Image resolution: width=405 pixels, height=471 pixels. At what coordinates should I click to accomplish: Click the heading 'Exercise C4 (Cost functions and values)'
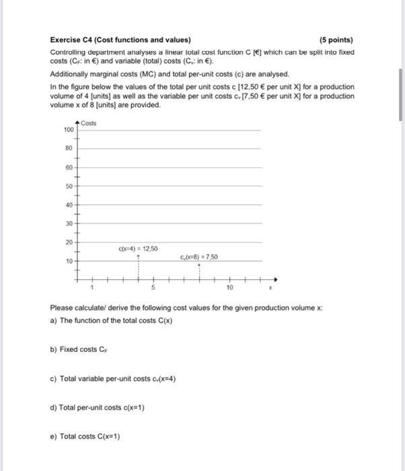120,40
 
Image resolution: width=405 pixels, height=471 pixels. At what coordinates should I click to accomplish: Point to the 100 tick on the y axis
68,129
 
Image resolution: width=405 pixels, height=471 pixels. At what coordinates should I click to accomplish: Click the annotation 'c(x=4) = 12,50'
139,248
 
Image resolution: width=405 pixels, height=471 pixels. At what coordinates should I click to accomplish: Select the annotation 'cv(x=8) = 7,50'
199,256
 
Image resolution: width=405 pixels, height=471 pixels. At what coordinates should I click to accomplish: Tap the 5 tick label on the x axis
153,287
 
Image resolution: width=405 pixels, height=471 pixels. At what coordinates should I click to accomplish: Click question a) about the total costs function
111,320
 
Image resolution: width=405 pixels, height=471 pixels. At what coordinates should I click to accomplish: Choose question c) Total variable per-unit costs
113,378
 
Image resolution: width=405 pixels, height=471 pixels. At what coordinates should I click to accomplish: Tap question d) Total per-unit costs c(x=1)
97,407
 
